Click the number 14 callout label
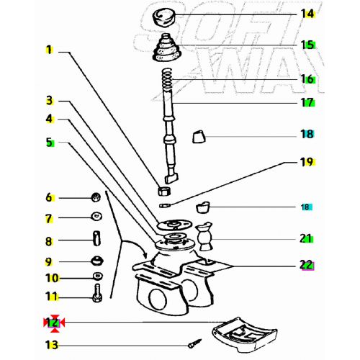click(x=307, y=13)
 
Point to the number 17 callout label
click(x=307, y=102)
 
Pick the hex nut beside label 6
click(x=94, y=197)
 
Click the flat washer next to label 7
click(x=95, y=217)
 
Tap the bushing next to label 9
click(x=95, y=261)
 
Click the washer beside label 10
click(x=96, y=277)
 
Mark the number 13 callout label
click(x=51, y=345)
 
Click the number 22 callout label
click(x=307, y=265)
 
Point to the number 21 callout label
click(x=307, y=238)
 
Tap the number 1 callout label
click(x=49, y=50)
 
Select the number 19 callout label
click(x=307, y=162)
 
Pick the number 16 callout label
click(x=307, y=79)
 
